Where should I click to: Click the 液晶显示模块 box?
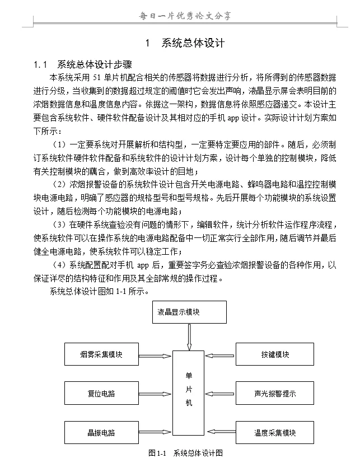pyautogui.click(x=189, y=312)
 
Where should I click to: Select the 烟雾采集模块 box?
pyautogui.click(x=101, y=354)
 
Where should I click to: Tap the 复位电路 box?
pyautogui.click(x=101, y=393)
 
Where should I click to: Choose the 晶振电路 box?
pyautogui.click(x=101, y=432)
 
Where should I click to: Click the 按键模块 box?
pyautogui.click(x=274, y=354)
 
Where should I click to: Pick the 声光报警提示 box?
pyautogui.click(x=274, y=393)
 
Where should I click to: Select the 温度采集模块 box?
pyautogui.click(x=274, y=432)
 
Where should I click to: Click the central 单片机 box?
pyautogui.click(x=189, y=389)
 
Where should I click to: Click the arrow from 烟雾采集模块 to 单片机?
pyautogui.click(x=155, y=355)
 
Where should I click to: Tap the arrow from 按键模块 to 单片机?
pyautogui.click(x=221, y=355)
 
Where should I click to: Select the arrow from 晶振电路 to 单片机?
pyautogui.click(x=155, y=432)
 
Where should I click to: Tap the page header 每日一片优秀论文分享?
pyautogui.click(x=184, y=16)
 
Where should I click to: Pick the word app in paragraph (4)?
pyautogui.click(x=143, y=265)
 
